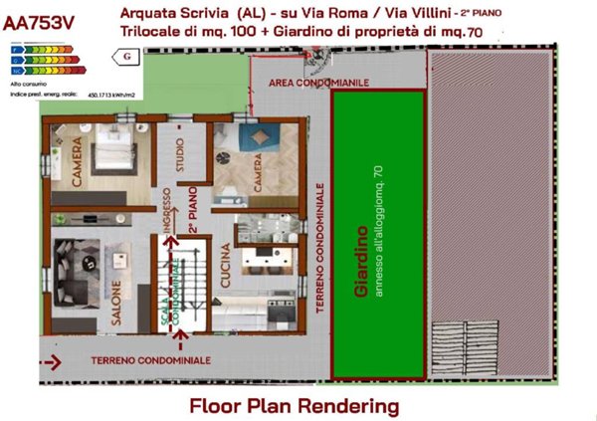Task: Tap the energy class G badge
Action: click(x=126, y=58)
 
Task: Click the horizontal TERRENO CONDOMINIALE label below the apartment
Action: click(x=149, y=358)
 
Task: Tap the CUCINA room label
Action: click(x=225, y=268)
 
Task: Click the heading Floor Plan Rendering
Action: click(x=295, y=405)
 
